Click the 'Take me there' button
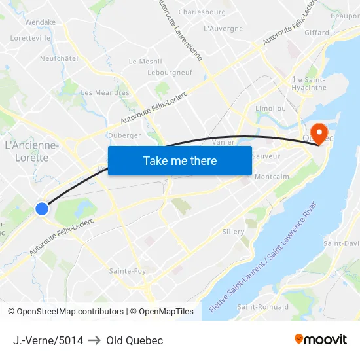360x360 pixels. tap(180, 160)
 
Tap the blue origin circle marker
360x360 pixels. tap(42, 208)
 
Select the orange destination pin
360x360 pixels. tap(320, 134)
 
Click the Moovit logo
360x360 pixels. tap(320, 340)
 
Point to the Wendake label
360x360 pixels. tap(40, 22)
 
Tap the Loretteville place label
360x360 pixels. tap(31, 38)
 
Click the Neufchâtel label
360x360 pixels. tap(59, 58)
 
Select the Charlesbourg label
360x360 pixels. tap(202, 12)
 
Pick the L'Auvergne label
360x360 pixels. tap(223, 29)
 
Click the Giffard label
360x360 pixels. tap(317, 32)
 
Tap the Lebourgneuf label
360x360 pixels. tap(170, 73)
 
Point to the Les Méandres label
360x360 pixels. tap(105, 93)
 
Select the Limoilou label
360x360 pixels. tap(270, 107)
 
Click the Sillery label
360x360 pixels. tap(233, 232)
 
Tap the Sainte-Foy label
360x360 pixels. tap(128, 270)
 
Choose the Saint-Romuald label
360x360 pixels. tap(262, 307)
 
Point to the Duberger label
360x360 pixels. tap(124, 135)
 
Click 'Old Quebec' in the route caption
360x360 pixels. tap(134, 340)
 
